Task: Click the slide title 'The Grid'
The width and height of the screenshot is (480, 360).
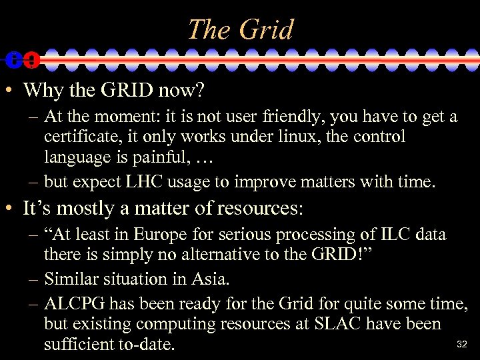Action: click(x=240, y=29)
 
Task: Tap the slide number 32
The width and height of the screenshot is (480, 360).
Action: click(x=461, y=345)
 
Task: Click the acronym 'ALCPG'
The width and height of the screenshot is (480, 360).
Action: click(x=75, y=304)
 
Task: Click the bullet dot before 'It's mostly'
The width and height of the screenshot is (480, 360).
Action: click(x=9, y=209)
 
